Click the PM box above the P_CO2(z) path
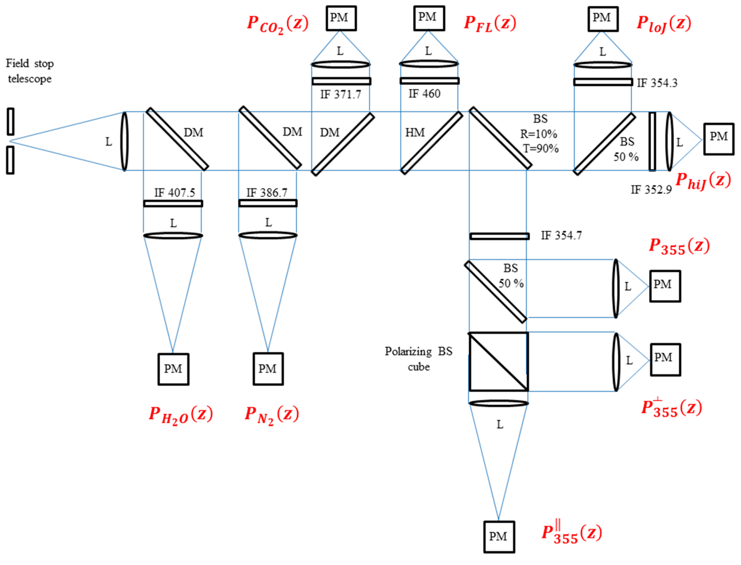coord(341,18)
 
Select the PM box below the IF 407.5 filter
coord(173,369)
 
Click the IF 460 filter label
coord(424,94)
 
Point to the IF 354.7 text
coord(561,235)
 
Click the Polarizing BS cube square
coord(498,361)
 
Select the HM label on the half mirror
coord(415,133)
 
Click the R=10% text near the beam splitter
coord(538,134)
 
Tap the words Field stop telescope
coord(29,71)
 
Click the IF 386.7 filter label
coord(267,193)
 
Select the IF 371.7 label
coord(340,95)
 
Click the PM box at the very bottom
coord(499,536)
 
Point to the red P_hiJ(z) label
coord(703,181)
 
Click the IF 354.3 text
coord(657,83)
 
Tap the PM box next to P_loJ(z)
coord(603,19)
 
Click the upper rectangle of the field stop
coord(10,121)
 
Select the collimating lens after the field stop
coord(125,141)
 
